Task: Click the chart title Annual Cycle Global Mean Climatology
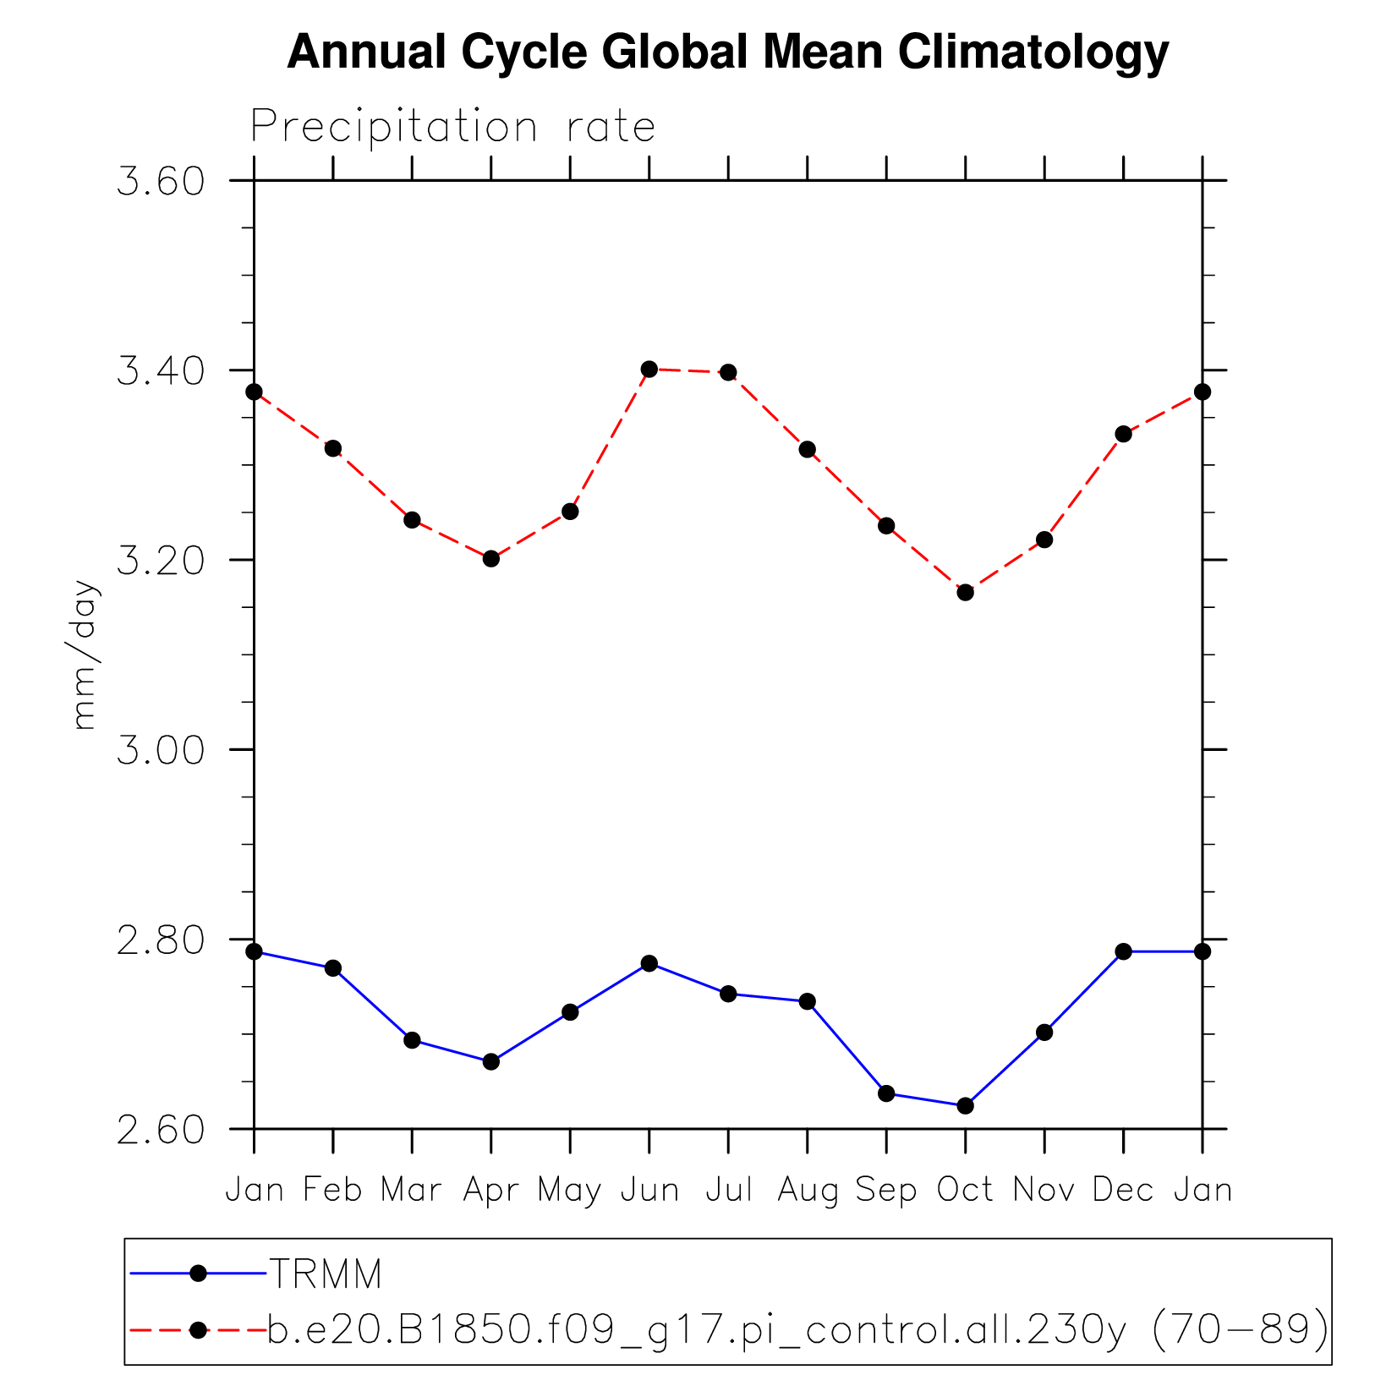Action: tap(728, 52)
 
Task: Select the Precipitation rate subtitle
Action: tap(452, 127)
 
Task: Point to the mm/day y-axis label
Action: tap(85, 655)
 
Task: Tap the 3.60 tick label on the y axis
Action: tap(161, 182)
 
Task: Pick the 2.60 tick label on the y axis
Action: tap(161, 1130)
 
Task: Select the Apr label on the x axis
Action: tap(491, 1191)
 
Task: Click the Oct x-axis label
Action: tap(965, 1191)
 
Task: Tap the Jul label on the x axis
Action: tap(728, 1191)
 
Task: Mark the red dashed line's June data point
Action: tap(649, 369)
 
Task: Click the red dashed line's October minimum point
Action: tap(965, 592)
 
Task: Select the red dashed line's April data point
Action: tap(491, 558)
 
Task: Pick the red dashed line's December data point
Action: tap(1123, 434)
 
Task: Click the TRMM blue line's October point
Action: tap(965, 1105)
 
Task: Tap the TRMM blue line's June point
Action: tap(649, 963)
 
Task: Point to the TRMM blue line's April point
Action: tap(491, 1061)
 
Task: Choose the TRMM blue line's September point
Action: tap(886, 1093)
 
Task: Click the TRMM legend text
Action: tap(326, 1274)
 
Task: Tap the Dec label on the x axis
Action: tap(1123, 1191)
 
